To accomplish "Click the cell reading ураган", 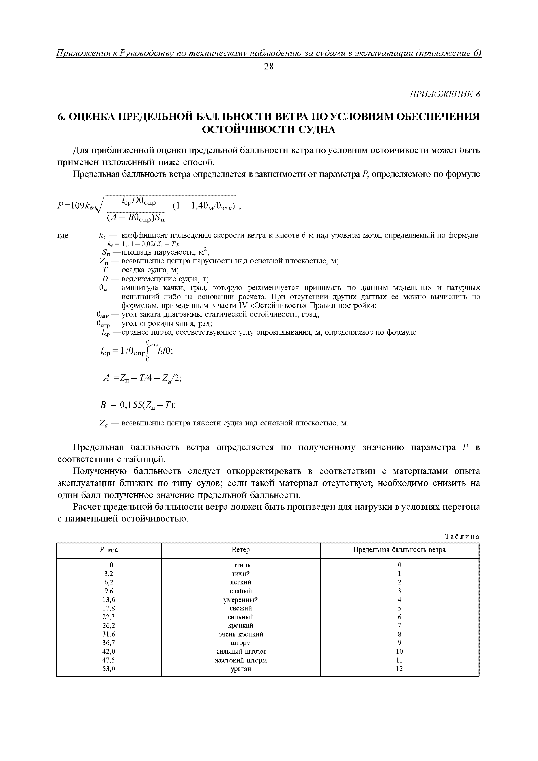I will [x=241, y=669].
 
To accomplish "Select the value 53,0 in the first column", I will [x=108, y=669].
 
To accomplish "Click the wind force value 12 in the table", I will [x=399, y=669].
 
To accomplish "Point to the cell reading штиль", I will [x=241, y=565].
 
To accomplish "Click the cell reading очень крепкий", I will [x=241, y=634].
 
